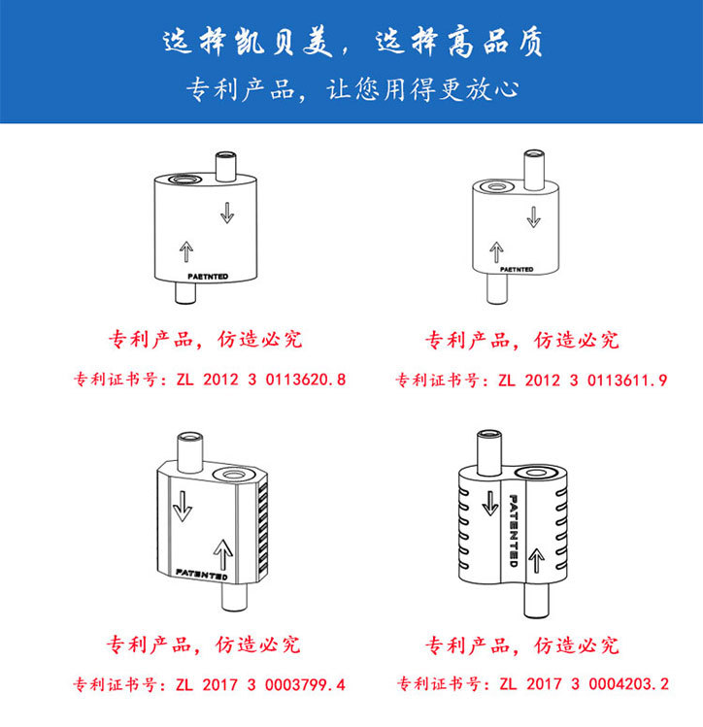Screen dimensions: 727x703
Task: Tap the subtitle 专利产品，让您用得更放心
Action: click(x=351, y=89)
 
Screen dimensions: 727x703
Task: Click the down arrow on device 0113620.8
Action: click(x=226, y=213)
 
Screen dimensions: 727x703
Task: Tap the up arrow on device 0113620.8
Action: click(x=186, y=252)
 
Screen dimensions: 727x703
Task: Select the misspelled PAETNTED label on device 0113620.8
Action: click(x=202, y=276)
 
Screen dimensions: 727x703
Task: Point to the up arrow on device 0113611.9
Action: click(x=496, y=252)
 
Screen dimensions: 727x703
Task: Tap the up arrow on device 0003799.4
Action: click(x=221, y=554)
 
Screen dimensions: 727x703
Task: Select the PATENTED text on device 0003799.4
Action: click(x=202, y=575)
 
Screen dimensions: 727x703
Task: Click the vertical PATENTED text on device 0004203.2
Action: click(x=514, y=530)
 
